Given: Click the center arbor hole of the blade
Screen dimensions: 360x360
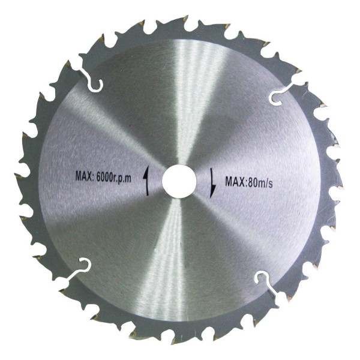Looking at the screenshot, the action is (179, 181).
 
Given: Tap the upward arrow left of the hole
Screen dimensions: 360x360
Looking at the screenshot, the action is (146, 181).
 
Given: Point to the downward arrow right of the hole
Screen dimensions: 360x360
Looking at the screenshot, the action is (213, 183).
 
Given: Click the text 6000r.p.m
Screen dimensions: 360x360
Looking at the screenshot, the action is (114, 177).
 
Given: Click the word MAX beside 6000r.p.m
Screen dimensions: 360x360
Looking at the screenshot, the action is (83, 176).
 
